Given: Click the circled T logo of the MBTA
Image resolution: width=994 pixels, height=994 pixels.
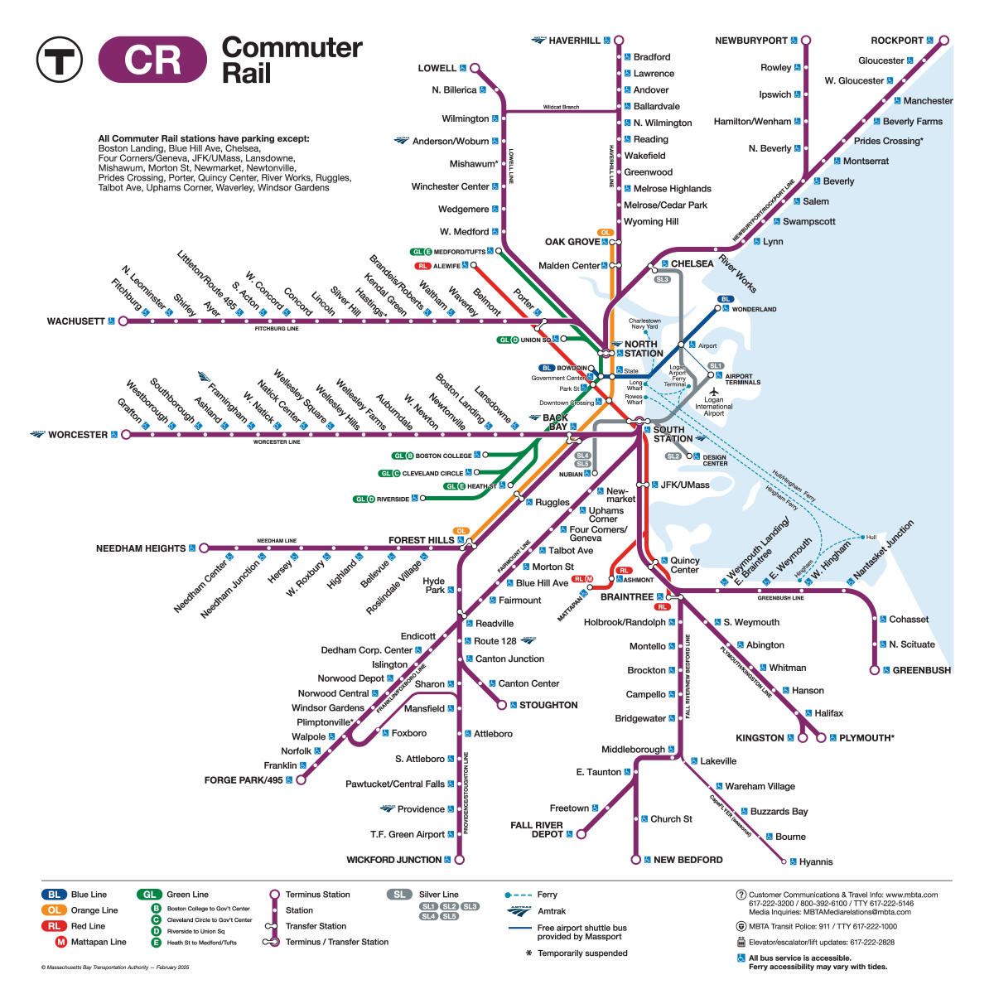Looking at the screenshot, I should (x=59, y=60).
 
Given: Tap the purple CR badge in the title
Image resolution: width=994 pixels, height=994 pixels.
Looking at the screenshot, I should (x=152, y=60).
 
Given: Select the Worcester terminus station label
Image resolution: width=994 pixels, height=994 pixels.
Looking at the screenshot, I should (x=78, y=434).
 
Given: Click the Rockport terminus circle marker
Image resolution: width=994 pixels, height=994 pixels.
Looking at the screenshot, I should (x=943, y=40).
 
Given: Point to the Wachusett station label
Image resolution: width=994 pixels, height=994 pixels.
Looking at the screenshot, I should (x=76, y=321).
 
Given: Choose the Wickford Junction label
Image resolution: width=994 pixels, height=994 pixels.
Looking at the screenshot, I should (x=393, y=860).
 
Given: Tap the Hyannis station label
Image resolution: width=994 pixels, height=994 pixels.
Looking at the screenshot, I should (x=816, y=862).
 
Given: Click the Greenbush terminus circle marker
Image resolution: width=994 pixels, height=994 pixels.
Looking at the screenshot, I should (x=874, y=670).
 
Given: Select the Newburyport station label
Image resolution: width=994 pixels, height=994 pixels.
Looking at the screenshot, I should (x=751, y=41).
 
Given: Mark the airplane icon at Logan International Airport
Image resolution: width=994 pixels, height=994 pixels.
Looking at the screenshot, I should (x=713, y=391).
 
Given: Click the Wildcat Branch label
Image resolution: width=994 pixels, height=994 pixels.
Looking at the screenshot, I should (x=561, y=107).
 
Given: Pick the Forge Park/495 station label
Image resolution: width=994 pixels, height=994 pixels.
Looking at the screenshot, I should (x=244, y=780).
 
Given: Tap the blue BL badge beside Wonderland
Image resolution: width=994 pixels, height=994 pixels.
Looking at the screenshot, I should (x=726, y=299).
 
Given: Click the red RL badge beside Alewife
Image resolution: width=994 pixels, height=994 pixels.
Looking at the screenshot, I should (x=423, y=266).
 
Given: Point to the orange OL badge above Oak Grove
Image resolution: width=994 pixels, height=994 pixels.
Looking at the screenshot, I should (x=605, y=233).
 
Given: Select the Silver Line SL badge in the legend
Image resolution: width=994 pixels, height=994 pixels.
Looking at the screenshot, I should (x=399, y=895).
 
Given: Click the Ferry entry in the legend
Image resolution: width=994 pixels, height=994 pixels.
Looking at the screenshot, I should (x=547, y=895).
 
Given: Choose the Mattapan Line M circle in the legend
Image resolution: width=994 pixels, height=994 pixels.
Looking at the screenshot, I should (x=61, y=942).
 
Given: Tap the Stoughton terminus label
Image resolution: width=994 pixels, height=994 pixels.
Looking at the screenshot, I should (x=548, y=705).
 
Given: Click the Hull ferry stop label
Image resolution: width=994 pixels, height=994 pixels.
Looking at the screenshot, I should (x=871, y=537).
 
